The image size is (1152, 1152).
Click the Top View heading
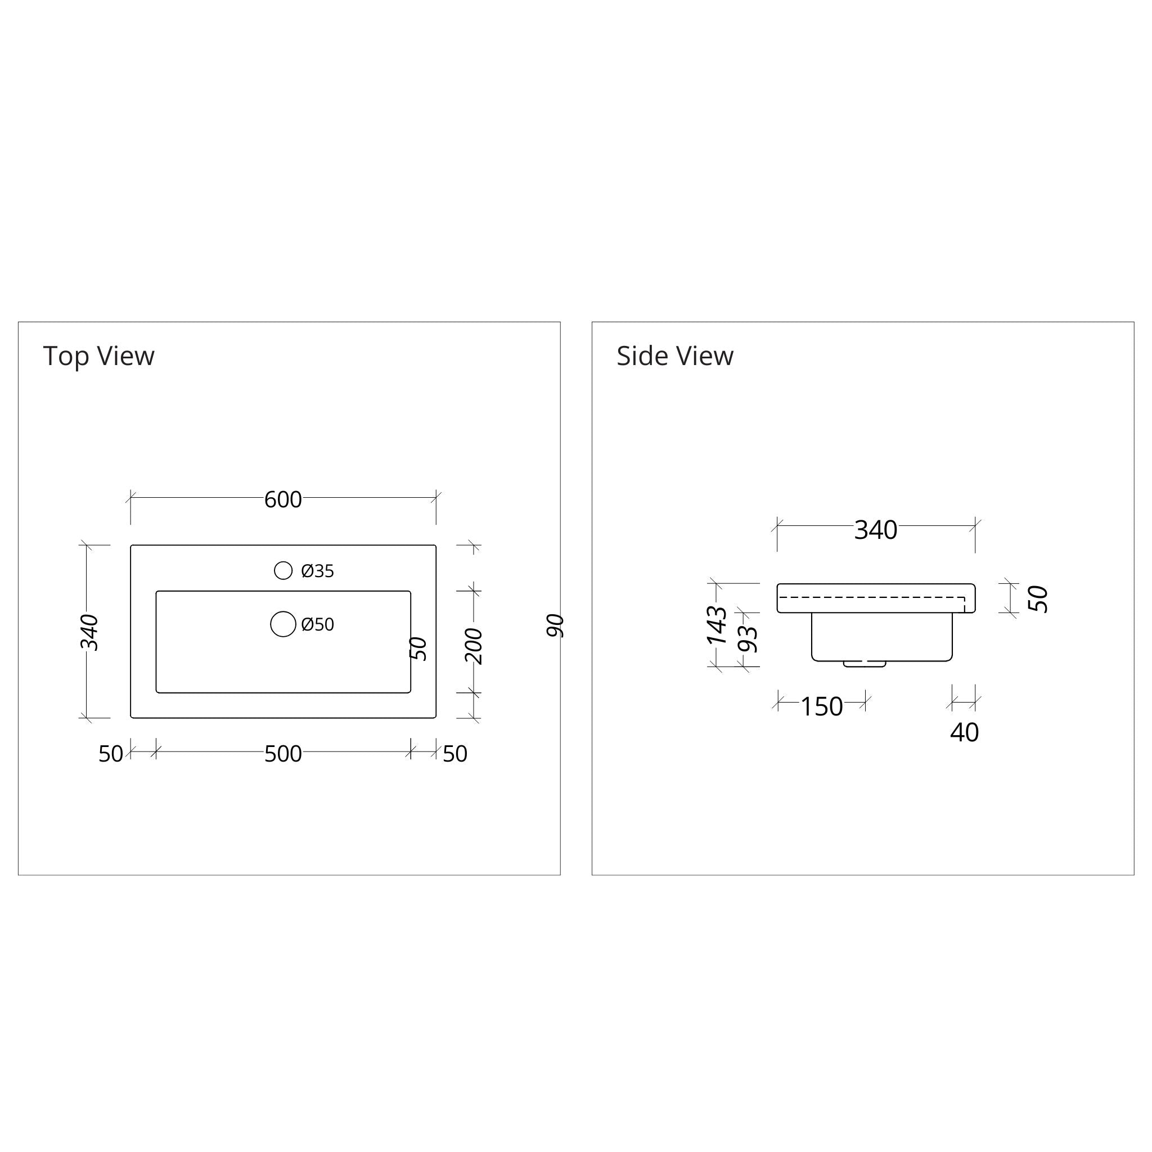tap(99, 356)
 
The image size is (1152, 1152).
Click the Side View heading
tap(674, 356)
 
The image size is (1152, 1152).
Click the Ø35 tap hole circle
tap(283, 570)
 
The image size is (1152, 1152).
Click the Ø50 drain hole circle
tap(283, 624)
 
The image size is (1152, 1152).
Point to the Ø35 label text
tap(317, 571)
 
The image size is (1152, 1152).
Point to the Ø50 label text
tap(317, 624)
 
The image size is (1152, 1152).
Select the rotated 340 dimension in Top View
tap(89, 632)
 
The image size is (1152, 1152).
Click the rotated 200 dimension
tap(474, 646)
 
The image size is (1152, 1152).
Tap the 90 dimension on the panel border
tap(555, 625)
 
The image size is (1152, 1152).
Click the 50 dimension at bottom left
tap(111, 754)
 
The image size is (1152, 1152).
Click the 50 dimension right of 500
tap(455, 754)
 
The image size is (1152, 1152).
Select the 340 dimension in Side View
tap(875, 530)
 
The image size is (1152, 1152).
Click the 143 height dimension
tap(717, 625)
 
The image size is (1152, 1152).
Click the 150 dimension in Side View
tap(821, 706)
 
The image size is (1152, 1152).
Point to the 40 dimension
tap(964, 733)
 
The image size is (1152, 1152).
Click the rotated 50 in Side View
tap(1038, 598)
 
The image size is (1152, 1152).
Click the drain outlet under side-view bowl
tap(864, 664)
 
